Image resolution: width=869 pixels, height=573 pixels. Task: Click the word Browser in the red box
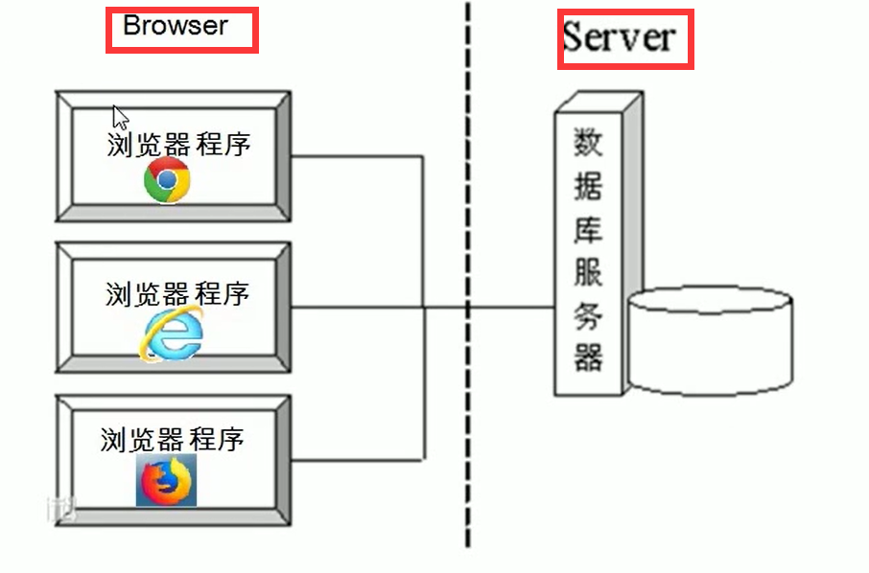[176, 27]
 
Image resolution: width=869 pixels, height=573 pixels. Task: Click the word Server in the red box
[619, 37]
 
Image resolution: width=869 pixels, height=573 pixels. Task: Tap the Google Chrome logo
[168, 180]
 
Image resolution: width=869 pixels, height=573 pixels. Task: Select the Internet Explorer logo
[174, 335]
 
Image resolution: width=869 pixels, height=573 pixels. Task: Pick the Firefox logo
[166, 480]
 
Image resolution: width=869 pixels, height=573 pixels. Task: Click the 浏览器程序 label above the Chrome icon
[178, 145]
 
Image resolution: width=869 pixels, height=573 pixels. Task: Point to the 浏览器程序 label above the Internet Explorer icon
[176, 293]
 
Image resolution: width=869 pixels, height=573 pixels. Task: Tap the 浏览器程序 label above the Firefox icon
[173, 440]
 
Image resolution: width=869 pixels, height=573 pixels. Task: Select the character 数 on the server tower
[588, 143]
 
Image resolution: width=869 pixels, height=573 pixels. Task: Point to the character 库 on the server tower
[588, 230]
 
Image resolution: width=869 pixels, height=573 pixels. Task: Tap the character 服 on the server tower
[588, 273]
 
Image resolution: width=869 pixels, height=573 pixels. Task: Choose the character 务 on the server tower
[588, 316]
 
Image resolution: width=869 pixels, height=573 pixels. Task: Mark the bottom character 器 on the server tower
[588, 358]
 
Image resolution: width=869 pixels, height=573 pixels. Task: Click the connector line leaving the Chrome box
[355, 156]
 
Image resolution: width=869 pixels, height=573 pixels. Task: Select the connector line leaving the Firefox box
[355, 457]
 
